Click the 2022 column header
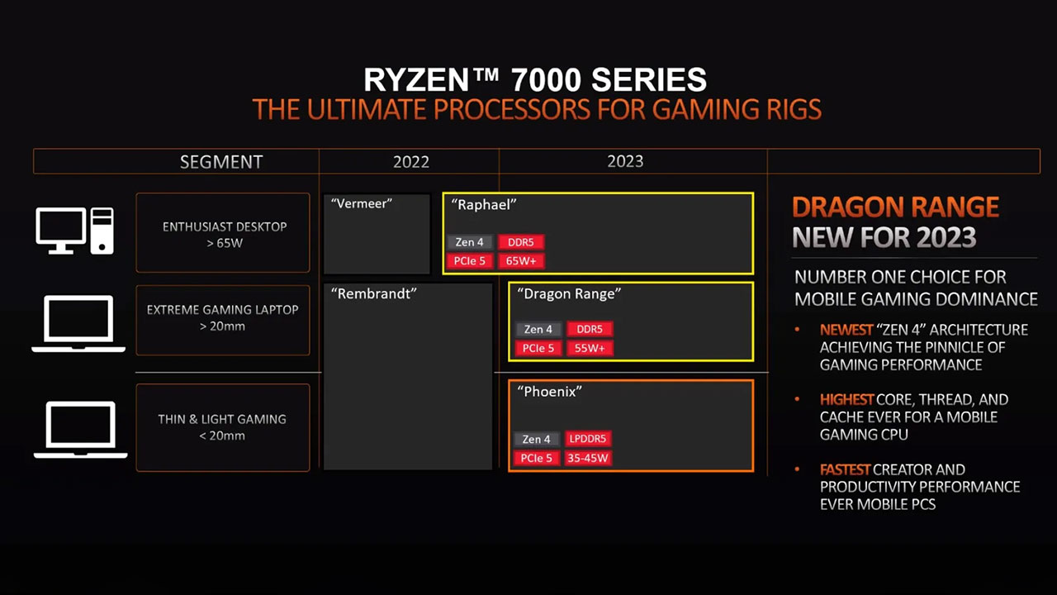pyautogui.click(x=411, y=162)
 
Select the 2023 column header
pyautogui.click(x=625, y=161)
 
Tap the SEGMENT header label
pyautogui.click(x=220, y=162)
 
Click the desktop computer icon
pyautogui.click(x=74, y=231)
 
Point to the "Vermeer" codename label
pyautogui.click(x=362, y=203)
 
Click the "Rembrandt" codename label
pyautogui.click(x=374, y=293)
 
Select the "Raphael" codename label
pyautogui.click(x=484, y=205)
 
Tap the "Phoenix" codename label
pyautogui.click(x=550, y=392)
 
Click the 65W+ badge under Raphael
pyautogui.click(x=521, y=260)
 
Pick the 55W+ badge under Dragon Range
pyautogui.click(x=590, y=348)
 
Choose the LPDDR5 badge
pyautogui.click(x=587, y=439)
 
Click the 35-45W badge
pyautogui.click(x=587, y=458)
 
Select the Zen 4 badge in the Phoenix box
pyautogui.click(x=536, y=439)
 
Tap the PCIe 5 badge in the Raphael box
pyautogui.click(x=470, y=260)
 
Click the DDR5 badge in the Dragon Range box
pyautogui.click(x=590, y=329)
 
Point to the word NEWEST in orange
pyautogui.click(x=846, y=330)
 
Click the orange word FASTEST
pyautogui.click(x=845, y=470)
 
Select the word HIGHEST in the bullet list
pyautogui.click(x=846, y=400)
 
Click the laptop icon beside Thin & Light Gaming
pyautogui.click(x=81, y=430)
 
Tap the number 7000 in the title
pyautogui.click(x=546, y=79)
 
